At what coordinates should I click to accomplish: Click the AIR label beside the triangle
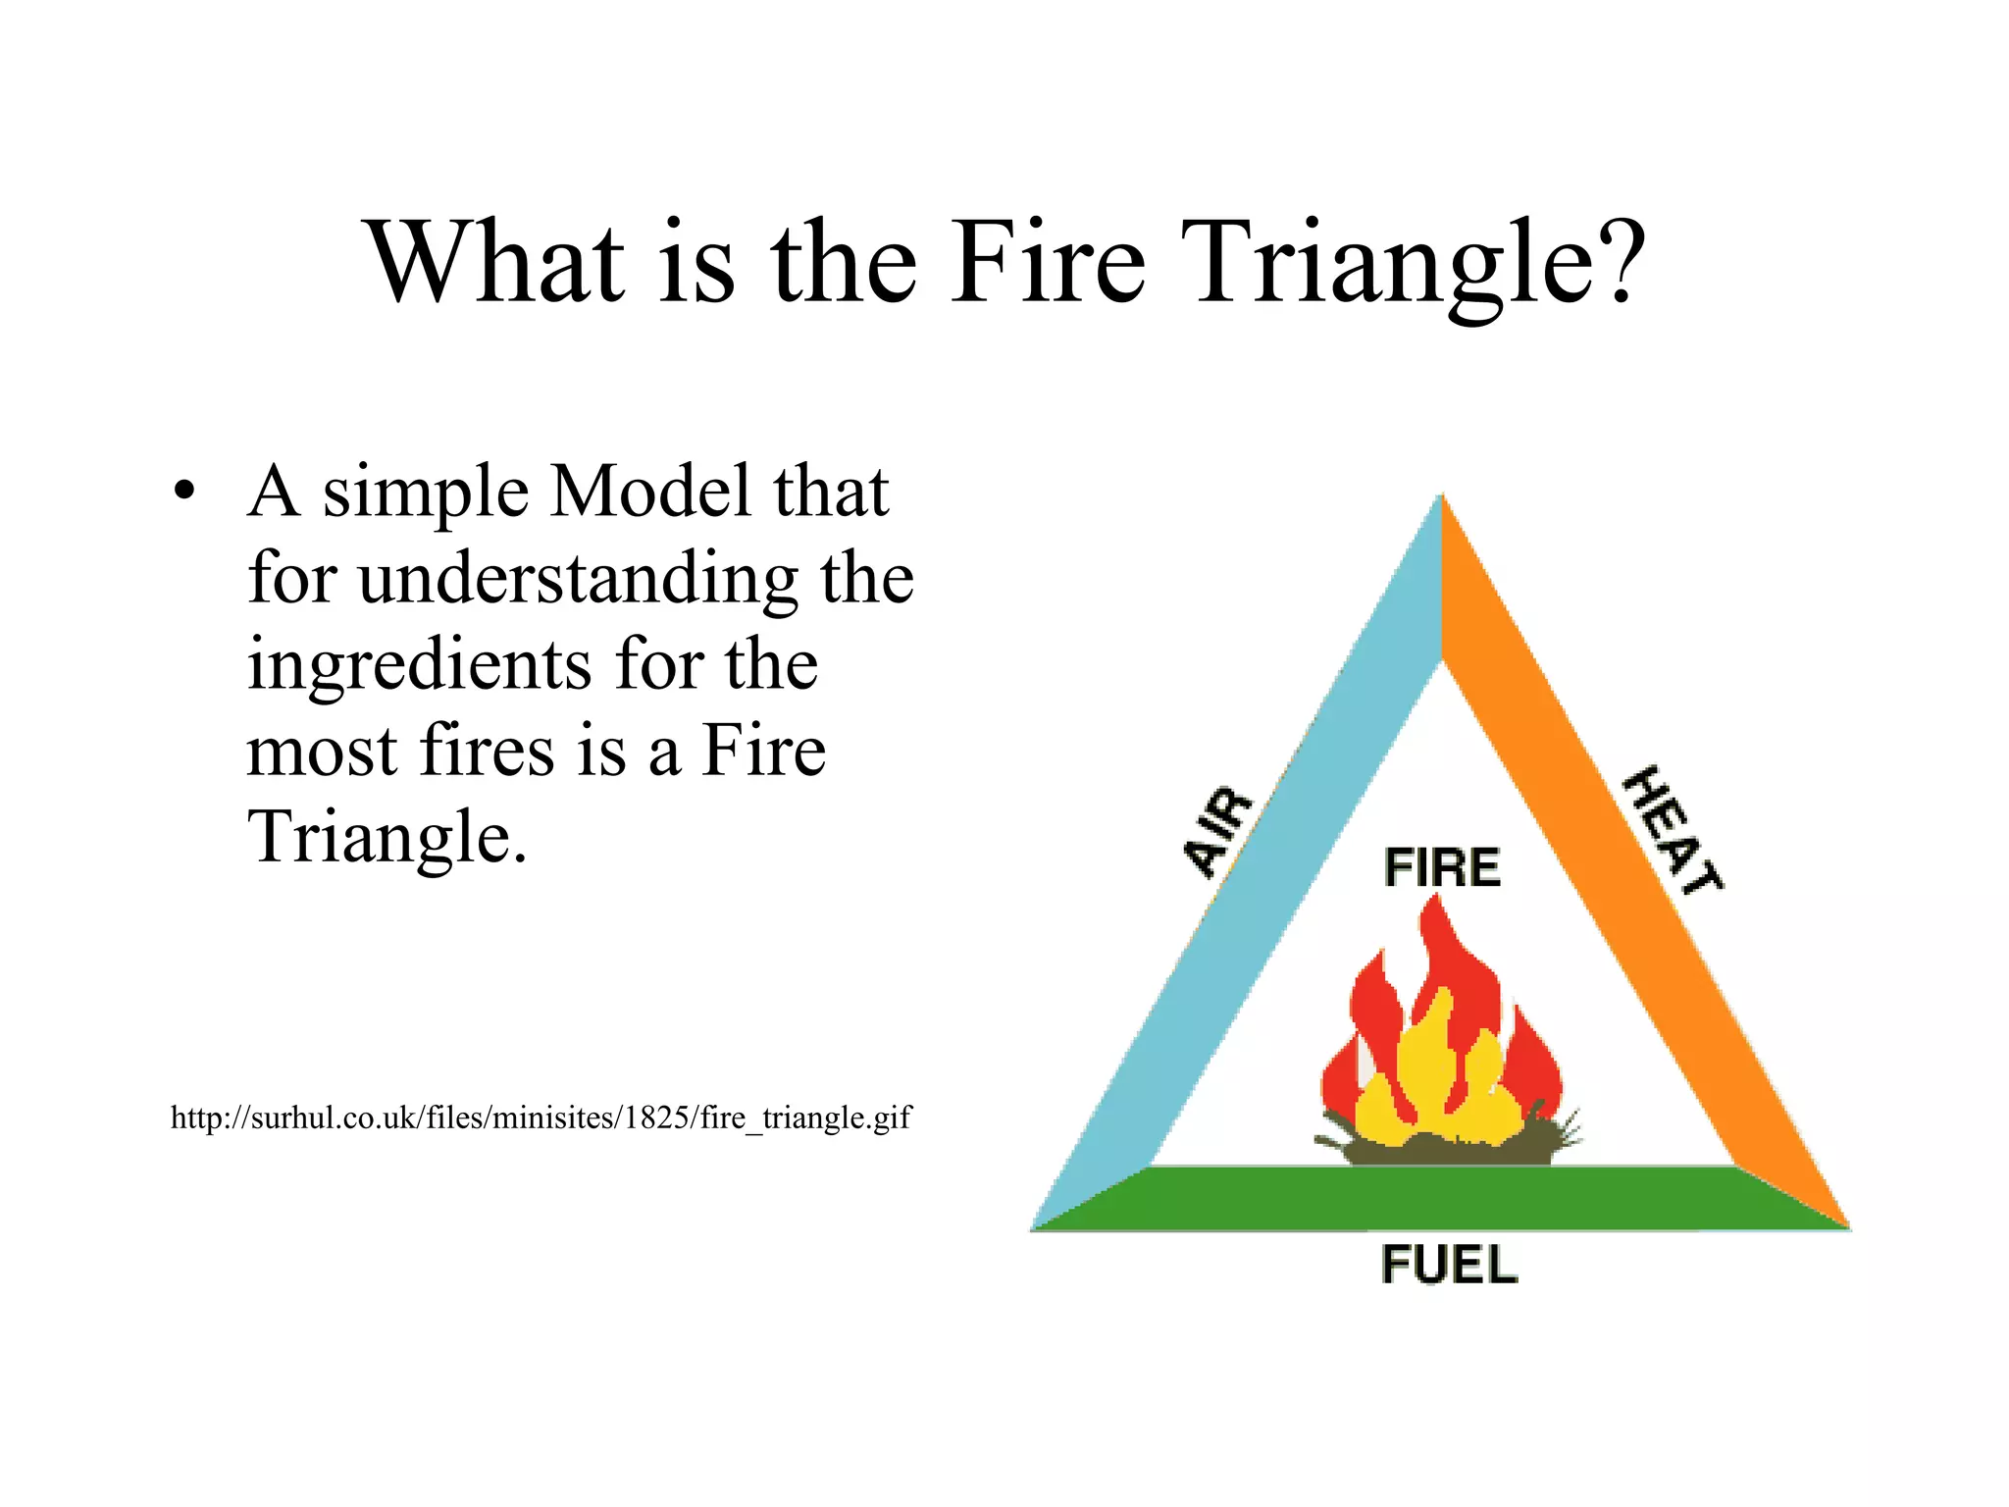point(1217,832)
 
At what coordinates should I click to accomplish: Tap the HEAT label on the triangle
point(1672,830)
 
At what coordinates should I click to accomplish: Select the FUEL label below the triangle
point(1448,1265)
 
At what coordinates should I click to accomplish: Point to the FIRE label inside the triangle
point(1441,867)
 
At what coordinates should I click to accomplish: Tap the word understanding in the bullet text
point(578,579)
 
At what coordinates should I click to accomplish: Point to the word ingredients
point(419,665)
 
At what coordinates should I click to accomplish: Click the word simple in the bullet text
point(426,493)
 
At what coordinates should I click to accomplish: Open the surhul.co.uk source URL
point(541,1117)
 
